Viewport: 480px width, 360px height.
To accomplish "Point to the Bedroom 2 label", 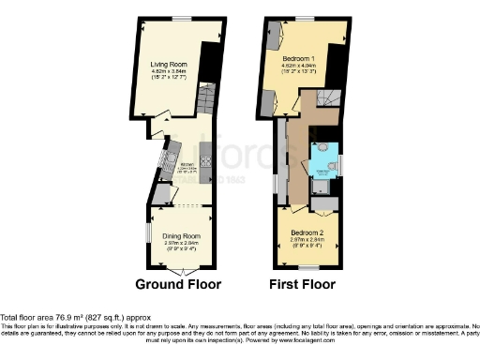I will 307,231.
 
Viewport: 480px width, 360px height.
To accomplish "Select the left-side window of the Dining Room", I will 147,231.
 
